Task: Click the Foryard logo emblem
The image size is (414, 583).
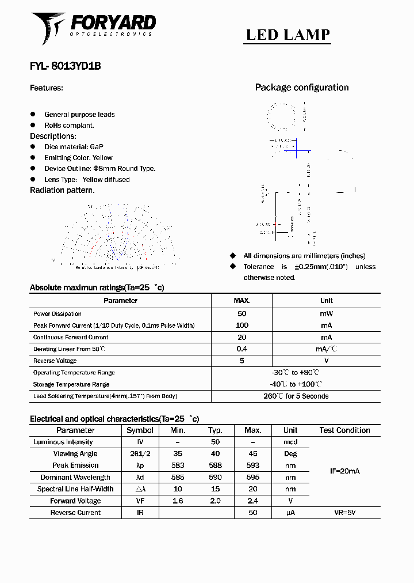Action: point(47,26)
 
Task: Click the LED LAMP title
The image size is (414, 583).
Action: point(288,35)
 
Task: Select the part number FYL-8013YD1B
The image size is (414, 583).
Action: point(66,66)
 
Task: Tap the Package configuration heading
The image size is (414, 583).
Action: point(302,88)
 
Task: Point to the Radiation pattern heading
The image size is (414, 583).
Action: point(62,190)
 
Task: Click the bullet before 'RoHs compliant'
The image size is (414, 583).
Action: point(33,125)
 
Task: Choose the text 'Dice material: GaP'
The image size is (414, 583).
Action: point(74,147)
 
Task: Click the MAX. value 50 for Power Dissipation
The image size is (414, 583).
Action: point(241,314)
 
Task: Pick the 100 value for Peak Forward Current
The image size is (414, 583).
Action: point(241,325)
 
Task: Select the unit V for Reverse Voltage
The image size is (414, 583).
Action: point(326,361)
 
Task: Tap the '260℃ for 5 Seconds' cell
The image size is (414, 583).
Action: point(296,396)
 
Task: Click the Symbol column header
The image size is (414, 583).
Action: point(140,430)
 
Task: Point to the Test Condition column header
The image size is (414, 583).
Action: point(344,430)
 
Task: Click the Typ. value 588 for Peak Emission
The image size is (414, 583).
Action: point(215,465)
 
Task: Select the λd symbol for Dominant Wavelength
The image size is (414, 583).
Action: point(140,478)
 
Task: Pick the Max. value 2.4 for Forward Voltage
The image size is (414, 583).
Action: point(252,501)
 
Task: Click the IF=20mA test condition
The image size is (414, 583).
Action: point(344,471)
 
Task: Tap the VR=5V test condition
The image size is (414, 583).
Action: point(344,513)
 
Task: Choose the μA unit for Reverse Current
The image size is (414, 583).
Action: point(290,513)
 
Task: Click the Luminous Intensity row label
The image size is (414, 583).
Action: point(63,442)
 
